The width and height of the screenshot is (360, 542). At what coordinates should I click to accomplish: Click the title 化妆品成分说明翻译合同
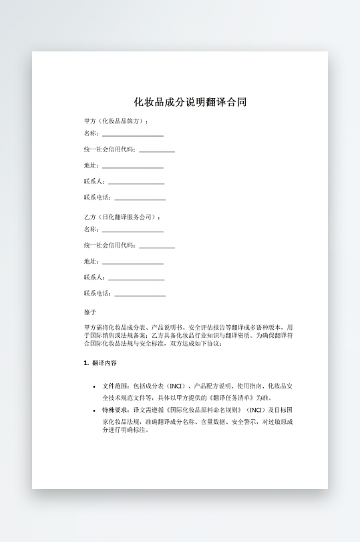(190, 103)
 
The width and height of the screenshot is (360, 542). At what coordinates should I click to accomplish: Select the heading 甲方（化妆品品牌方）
(116, 121)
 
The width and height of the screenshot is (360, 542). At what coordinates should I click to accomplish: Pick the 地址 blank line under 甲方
(132, 166)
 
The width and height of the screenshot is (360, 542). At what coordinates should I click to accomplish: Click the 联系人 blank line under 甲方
(136, 182)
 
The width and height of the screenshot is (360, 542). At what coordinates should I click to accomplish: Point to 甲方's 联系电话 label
(98, 198)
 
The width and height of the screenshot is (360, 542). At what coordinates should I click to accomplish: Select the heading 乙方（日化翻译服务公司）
(122, 217)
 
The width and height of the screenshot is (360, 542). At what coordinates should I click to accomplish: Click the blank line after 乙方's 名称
(132, 230)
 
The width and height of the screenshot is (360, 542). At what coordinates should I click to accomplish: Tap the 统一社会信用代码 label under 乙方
(110, 246)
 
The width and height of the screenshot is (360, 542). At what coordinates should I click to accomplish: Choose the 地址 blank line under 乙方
(132, 262)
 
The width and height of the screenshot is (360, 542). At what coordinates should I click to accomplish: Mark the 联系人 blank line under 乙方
(136, 278)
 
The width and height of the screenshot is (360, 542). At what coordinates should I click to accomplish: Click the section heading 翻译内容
(104, 364)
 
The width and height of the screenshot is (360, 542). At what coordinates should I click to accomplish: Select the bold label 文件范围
(116, 386)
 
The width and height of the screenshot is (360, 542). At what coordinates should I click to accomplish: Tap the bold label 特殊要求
(116, 409)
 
